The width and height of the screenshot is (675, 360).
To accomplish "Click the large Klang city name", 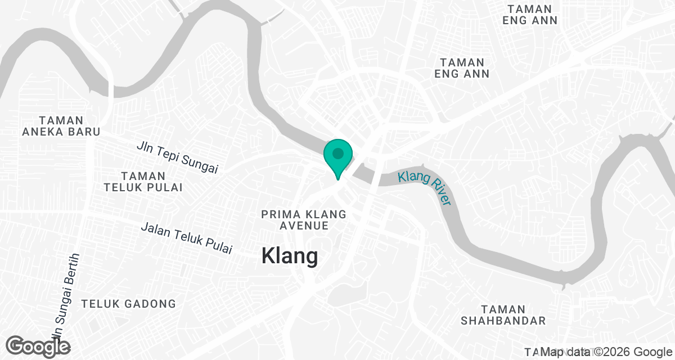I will pyautogui.click(x=290, y=256).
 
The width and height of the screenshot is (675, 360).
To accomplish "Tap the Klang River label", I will pyautogui.click(x=425, y=187).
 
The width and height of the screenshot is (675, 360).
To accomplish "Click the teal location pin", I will pyautogui.click(x=337, y=158).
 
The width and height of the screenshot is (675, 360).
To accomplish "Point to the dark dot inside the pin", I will pyautogui.click(x=337, y=153).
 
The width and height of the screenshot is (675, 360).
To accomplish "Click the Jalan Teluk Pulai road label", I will pyautogui.click(x=186, y=238).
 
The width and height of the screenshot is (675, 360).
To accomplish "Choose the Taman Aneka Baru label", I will pyautogui.click(x=61, y=126).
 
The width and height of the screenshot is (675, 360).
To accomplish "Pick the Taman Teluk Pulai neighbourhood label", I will pyautogui.click(x=143, y=182).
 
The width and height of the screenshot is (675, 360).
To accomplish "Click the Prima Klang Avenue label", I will pyautogui.click(x=304, y=220).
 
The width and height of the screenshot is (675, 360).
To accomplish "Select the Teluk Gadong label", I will pyautogui.click(x=129, y=304).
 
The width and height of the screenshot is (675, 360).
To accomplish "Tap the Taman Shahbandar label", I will pyautogui.click(x=503, y=315).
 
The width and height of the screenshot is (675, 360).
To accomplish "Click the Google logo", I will pyautogui.click(x=39, y=346).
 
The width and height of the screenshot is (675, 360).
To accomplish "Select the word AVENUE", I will pyautogui.click(x=304, y=226).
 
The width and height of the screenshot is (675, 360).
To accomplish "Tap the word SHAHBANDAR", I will pyautogui.click(x=503, y=321).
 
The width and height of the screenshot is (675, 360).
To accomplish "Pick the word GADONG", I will pyautogui.click(x=149, y=304).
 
